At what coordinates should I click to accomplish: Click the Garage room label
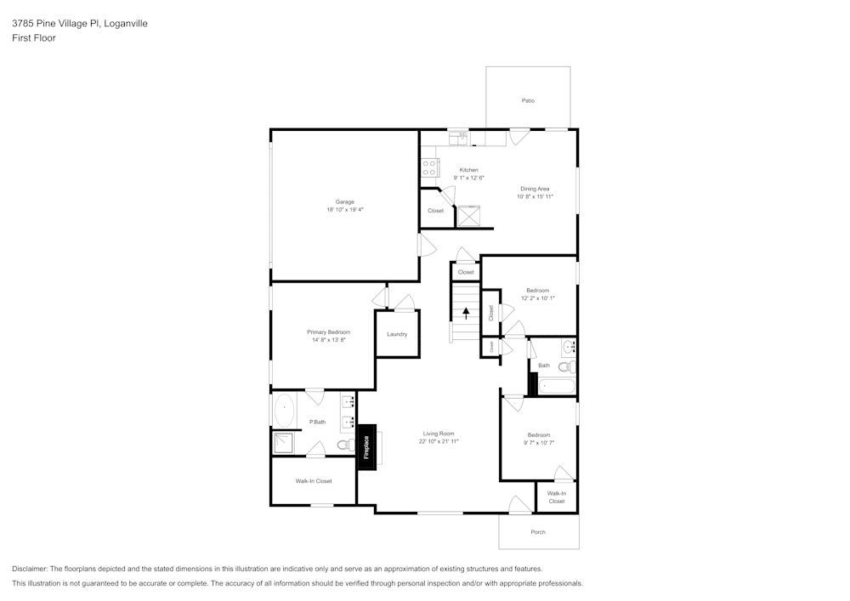tap(344, 201)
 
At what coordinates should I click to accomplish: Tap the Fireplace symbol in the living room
tap(366, 447)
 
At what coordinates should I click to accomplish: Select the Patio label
tap(528, 100)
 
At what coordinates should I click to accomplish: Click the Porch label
tap(538, 532)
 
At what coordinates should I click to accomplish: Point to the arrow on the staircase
tap(466, 312)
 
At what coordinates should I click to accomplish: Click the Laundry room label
tap(397, 334)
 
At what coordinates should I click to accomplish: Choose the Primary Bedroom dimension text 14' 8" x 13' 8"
tap(329, 340)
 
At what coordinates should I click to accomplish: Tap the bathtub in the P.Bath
tap(284, 410)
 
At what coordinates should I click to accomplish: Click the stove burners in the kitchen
tap(429, 167)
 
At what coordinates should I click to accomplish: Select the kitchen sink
tap(458, 136)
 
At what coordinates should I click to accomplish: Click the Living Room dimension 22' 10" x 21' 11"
tap(439, 442)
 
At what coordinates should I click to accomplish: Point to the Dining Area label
tap(535, 189)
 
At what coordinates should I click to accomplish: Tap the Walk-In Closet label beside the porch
tap(557, 497)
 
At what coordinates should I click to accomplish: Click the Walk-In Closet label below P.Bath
tap(314, 481)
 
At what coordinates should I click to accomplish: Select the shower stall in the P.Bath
tap(282, 443)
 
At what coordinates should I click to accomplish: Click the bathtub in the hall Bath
tap(557, 387)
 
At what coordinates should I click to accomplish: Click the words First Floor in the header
tap(34, 38)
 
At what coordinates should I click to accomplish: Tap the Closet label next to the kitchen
tap(435, 211)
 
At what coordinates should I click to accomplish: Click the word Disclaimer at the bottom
tap(30, 569)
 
